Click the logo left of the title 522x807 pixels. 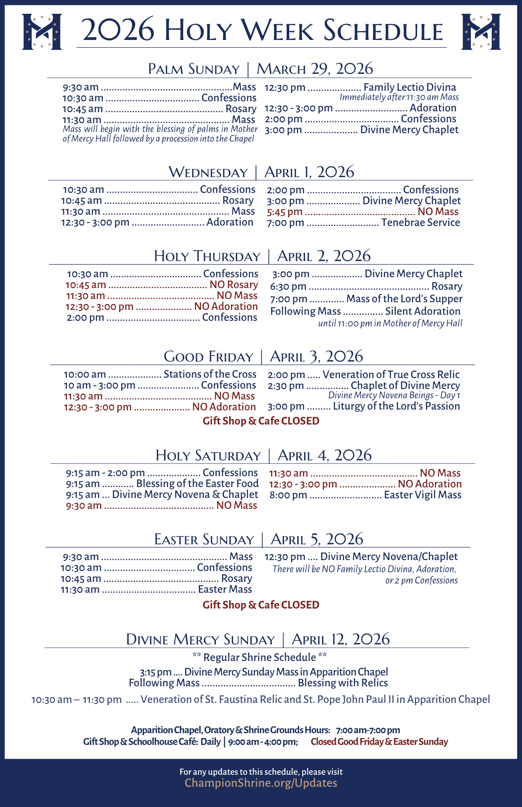[42, 31]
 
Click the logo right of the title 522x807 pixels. [481, 31]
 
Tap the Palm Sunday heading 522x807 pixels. [194, 69]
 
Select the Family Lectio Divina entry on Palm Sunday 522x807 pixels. [409, 87]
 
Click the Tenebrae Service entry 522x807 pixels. [420, 222]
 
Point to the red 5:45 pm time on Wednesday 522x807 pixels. [284, 212]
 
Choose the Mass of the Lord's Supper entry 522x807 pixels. [404, 299]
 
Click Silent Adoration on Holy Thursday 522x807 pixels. [422, 311]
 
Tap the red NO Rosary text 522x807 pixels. [234, 285]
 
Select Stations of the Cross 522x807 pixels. [210, 374]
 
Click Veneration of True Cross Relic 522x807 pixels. [391, 374]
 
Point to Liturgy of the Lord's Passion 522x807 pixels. [396, 406]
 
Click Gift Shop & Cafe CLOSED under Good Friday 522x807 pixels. [261, 421]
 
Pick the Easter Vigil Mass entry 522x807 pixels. [422, 495]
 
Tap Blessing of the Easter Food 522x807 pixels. [197, 483]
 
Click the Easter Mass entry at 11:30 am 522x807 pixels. [225, 589]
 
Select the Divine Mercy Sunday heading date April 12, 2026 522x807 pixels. [340, 639]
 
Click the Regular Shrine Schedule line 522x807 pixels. [260, 657]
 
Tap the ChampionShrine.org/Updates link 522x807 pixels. [261, 783]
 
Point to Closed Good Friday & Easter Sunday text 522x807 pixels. [379, 742]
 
